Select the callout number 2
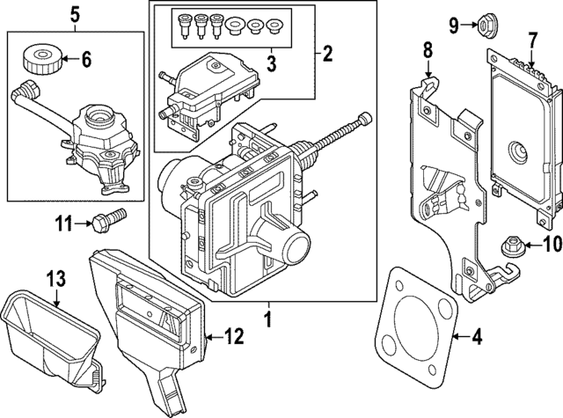point(327,55)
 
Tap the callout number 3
point(269,63)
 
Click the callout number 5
point(75,13)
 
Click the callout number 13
point(55,280)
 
